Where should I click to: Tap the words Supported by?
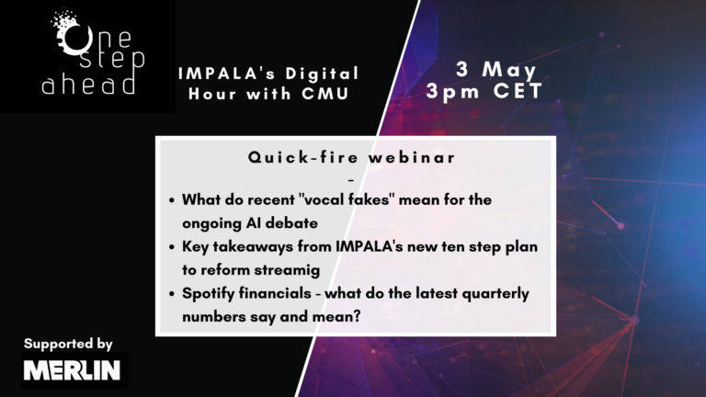click(68, 345)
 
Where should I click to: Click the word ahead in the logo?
click(88, 85)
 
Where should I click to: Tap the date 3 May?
click(496, 70)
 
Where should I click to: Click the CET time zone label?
click(518, 91)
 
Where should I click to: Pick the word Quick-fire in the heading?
click(303, 157)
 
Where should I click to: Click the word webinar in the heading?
click(412, 157)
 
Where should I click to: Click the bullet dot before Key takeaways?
click(172, 247)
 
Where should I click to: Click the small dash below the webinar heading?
click(351, 180)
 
